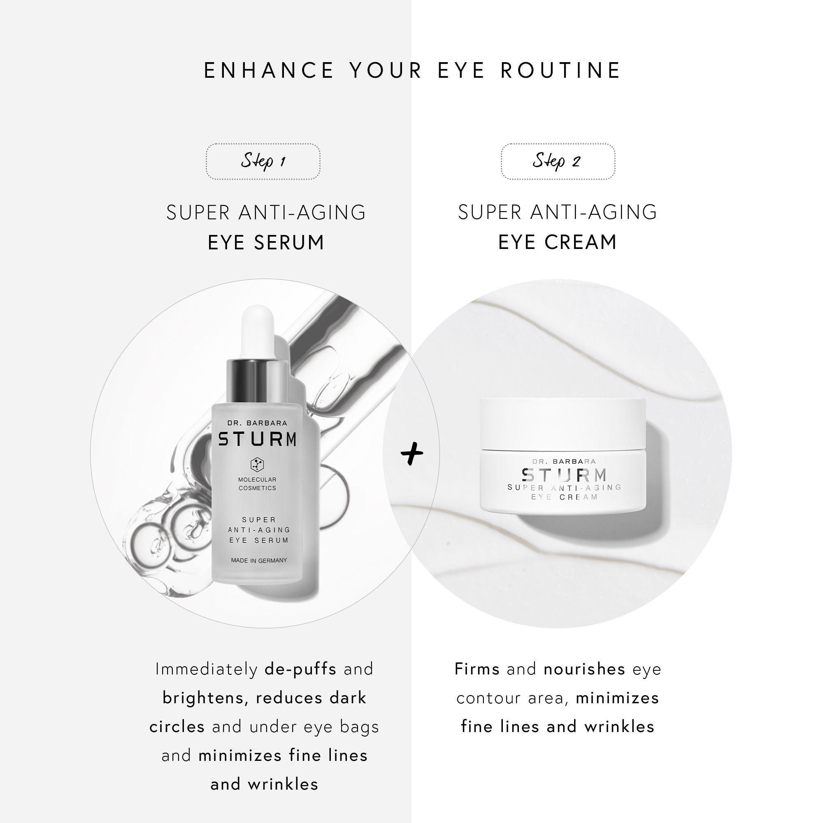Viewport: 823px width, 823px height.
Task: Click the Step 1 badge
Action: point(263,161)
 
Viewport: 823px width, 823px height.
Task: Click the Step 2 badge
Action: point(558,161)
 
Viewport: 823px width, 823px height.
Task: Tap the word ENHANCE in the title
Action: point(269,70)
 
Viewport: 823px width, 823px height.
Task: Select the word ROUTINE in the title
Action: point(560,70)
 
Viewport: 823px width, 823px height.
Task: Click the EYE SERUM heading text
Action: point(266,242)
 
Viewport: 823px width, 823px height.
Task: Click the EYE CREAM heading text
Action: point(558,242)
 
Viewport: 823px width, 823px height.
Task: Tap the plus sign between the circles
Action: point(412,453)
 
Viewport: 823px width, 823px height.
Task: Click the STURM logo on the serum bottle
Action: point(257,439)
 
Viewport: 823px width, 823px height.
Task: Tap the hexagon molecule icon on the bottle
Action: point(257,464)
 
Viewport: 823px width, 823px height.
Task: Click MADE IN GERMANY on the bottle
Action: point(259,560)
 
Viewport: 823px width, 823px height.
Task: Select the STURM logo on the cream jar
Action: point(565,474)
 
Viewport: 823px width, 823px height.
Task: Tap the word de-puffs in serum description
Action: point(300,669)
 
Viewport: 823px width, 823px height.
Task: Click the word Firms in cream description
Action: point(477,669)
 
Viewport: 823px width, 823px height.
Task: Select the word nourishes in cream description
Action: point(584,669)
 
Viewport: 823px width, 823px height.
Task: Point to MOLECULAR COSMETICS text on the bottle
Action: point(257,484)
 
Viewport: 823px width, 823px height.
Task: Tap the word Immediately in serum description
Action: point(206,669)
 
